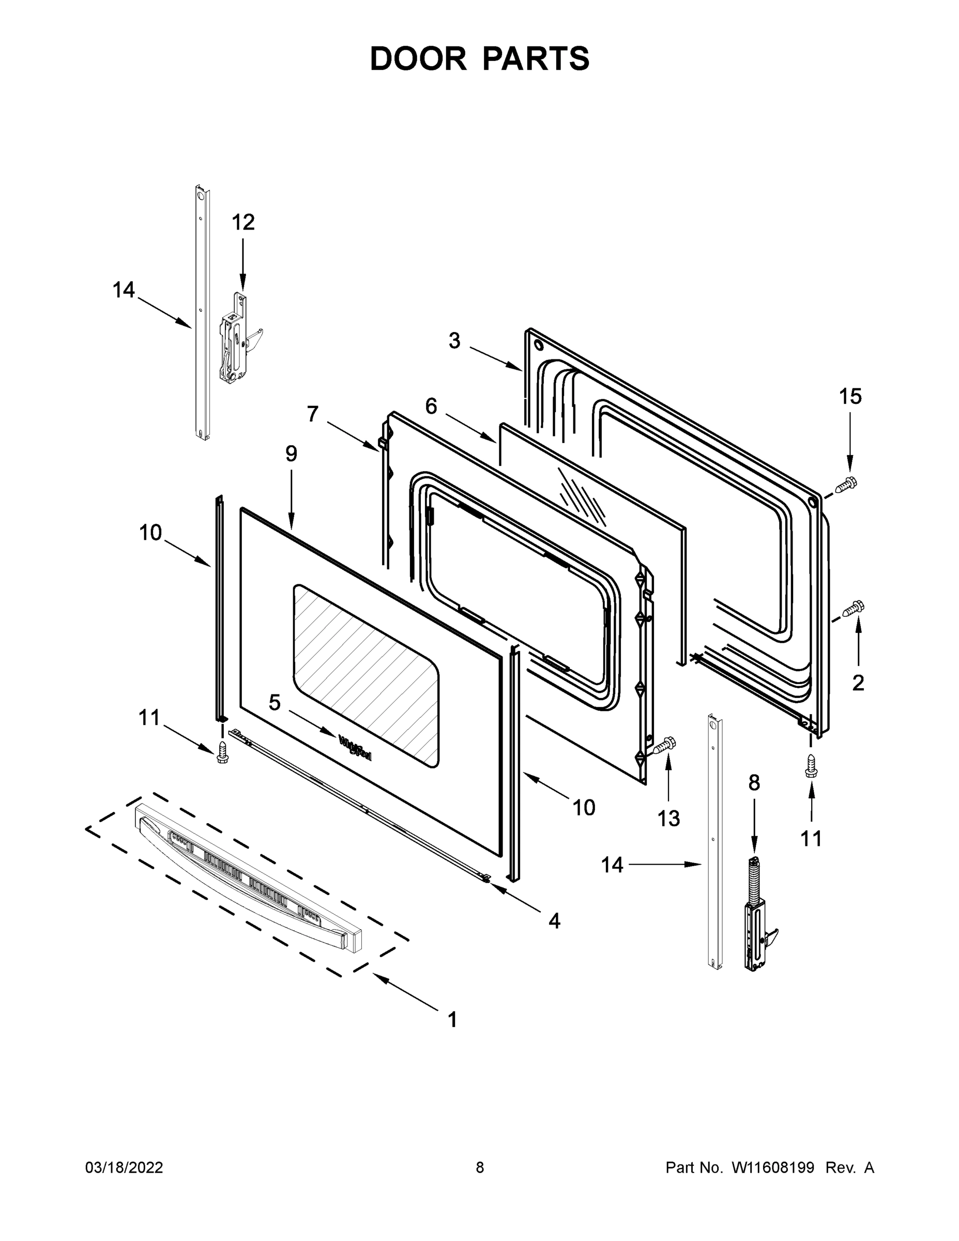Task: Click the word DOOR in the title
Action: click(x=418, y=58)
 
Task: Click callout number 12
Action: click(x=243, y=222)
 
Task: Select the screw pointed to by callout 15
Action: click(x=846, y=484)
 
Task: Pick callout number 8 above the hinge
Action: click(x=753, y=783)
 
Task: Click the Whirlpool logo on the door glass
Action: click(x=355, y=747)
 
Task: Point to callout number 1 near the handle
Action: click(x=452, y=1020)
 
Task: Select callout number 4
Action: click(x=554, y=921)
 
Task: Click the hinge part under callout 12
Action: click(x=236, y=341)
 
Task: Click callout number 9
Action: click(x=291, y=453)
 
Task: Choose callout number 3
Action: click(x=454, y=341)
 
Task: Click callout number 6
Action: click(x=431, y=406)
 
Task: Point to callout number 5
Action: click(x=275, y=703)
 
